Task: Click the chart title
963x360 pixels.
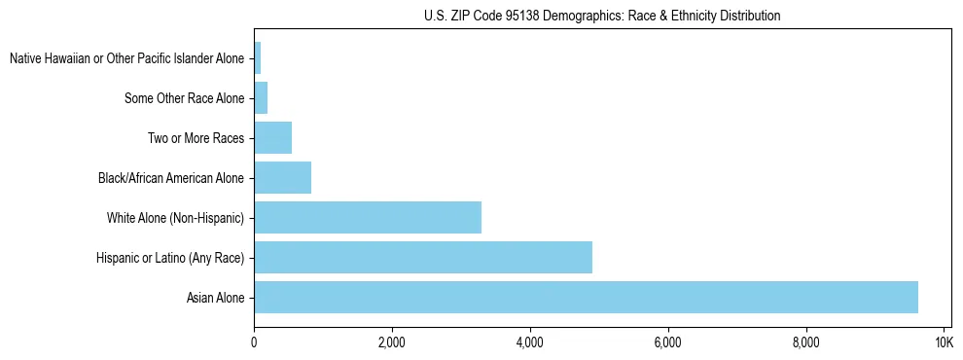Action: (x=602, y=17)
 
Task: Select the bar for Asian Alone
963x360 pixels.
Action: (x=586, y=298)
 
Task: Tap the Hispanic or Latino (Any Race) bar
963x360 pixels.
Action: (x=423, y=258)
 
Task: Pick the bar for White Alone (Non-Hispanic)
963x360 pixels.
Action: (x=368, y=218)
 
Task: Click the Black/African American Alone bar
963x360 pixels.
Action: (x=283, y=178)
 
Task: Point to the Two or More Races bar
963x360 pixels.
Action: (x=273, y=138)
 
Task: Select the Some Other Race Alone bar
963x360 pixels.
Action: (x=261, y=98)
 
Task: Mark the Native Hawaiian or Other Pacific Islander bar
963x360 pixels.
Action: (x=258, y=58)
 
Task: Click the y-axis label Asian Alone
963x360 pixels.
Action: (x=216, y=298)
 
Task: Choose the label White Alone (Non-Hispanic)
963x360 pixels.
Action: (x=176, y=218)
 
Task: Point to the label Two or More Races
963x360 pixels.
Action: (x=196, y=138)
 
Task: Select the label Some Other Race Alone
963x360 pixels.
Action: (x=185, y=98)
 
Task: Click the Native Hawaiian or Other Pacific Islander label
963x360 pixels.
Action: (x=127, y=58)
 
